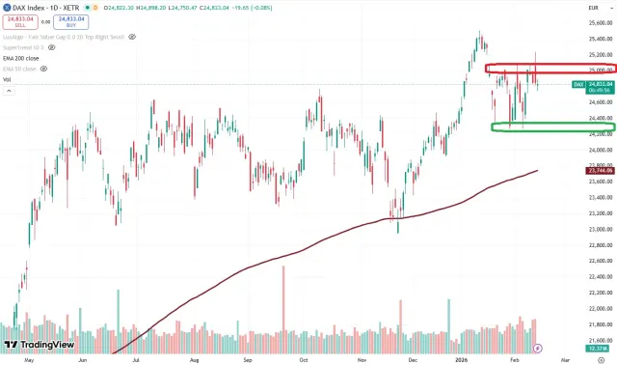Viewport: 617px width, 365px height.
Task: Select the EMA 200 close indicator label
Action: coord(20,59)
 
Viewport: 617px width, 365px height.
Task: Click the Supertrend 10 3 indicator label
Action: coord(25,47)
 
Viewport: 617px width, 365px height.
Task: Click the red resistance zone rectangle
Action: coord(549,69)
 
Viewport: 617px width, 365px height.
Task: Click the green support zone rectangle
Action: coord(552,127)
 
